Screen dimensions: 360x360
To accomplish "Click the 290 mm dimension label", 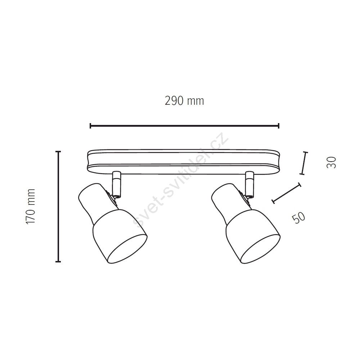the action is tap(184, 101).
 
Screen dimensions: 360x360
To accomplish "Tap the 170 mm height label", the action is tap(30, 207).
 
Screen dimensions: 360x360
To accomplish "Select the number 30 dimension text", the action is tap(331, 163).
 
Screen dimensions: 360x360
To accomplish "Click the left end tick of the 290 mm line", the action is tap(90, 126).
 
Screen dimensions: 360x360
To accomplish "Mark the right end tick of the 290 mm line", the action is tap(279, 126).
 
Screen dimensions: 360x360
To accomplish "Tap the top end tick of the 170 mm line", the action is tap(58, 152).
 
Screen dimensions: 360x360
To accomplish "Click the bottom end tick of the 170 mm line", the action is tap(58, 261).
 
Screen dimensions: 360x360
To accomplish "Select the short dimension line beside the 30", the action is tap(304, 163).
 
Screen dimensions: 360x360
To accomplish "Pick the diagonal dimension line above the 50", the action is tap(286, 193).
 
